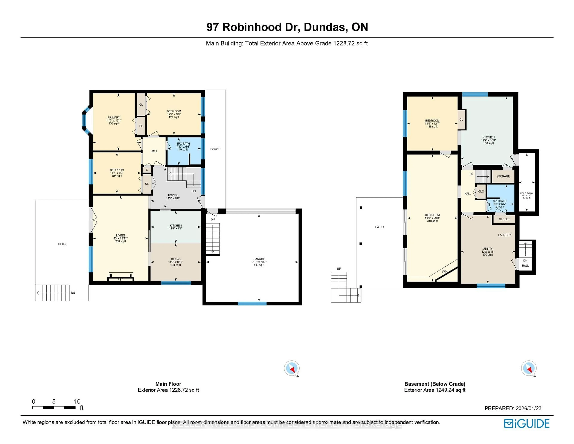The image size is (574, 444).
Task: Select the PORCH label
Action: [x=215, y=149]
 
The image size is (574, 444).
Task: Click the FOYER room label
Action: [x=173, y=195]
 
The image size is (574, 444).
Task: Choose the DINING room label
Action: [x=176, y=259]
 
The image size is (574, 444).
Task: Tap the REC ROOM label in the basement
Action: [x=432, y=215]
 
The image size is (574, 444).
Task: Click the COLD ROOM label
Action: [x=527, y=193]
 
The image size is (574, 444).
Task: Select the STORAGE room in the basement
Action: [x=503, y=176]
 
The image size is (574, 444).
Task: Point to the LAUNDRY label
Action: [x=504, y=235]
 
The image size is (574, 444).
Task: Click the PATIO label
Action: [x=379, y=227]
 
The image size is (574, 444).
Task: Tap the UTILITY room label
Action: [x=488, y=249]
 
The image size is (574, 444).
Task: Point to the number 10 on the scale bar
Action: [x=77, y=401]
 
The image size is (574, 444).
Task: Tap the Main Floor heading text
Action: [x=168, y=384]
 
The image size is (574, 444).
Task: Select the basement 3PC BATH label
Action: [x=500, y=201]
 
